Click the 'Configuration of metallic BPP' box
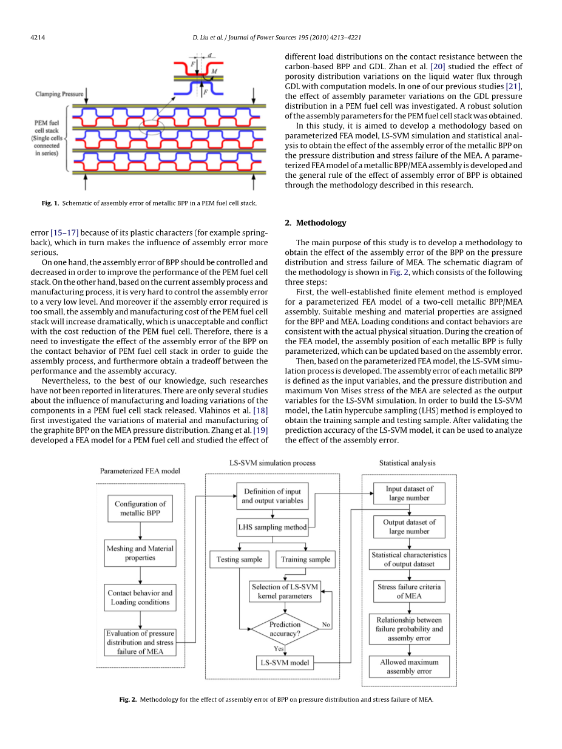(140, 509)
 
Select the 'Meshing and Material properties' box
(140, 553)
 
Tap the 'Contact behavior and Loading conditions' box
(140, 597)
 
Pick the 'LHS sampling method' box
(272, 527)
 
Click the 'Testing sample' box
(239, 559)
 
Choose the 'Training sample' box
(305, 559)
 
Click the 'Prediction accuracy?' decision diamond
(285, 629)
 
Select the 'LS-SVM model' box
(285, 663)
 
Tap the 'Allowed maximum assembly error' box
(409, 666)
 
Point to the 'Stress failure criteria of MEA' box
(409, 591)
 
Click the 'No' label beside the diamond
(326, 625)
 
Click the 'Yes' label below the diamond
(278, 649)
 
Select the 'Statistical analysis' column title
(407, 463)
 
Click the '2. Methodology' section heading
(316, 223)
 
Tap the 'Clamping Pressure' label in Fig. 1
(59, 94)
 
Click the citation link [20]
(438, 66)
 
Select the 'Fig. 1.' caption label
(50, 203)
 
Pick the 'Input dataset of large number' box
(409, 493)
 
